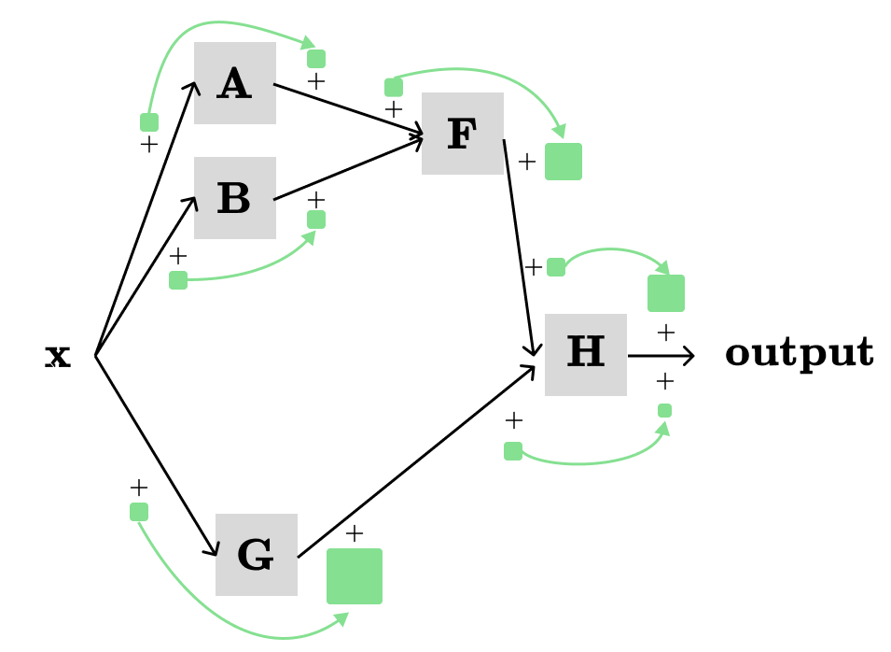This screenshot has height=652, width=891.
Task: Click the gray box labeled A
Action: [x=234, y=83]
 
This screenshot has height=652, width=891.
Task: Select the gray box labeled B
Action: [x=234, y=198]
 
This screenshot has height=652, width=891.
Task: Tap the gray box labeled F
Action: [x=462, y=134]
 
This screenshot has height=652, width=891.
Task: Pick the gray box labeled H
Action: [x=585, y=355]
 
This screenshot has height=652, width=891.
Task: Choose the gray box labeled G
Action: [x=256, y=555]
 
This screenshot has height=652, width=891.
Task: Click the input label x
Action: [x=58, y=356]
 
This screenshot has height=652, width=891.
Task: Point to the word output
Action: [x=799, y=353]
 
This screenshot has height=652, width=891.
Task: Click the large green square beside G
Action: [x=354, y=576]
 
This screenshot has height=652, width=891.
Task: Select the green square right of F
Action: [x=563, y=162]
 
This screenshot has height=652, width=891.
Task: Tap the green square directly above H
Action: [x=665, y=293]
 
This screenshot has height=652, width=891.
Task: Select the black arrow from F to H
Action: [x=519, y=248]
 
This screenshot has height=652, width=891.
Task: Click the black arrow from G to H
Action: [x=415, y=461]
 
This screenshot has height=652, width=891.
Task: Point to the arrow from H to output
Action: [x=661, y=356]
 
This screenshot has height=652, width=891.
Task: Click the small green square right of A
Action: [x=316, y=59]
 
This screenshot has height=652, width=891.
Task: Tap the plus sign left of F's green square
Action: [x=527, y=162]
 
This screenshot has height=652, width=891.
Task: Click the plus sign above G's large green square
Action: [x=355, y=533]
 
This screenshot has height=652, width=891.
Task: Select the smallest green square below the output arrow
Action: [x=664, y=410]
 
